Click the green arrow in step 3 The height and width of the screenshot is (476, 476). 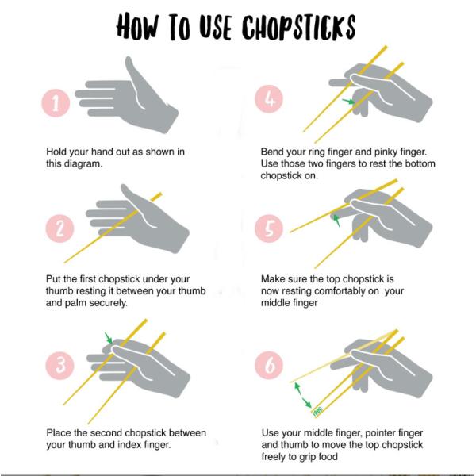pyautogui.click(x=109, y=339)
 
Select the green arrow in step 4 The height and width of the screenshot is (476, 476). pyautogui.click(x=347, y=102)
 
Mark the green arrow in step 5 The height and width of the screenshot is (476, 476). pyautogui.click(x=337, y=219)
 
